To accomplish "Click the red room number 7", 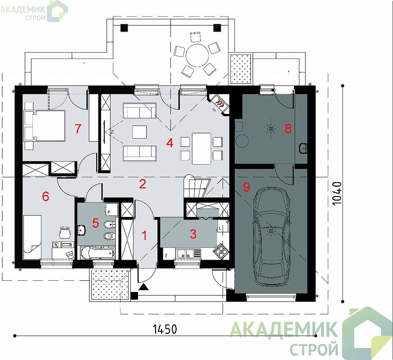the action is (78, 129).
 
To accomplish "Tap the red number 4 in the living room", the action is (170, 143).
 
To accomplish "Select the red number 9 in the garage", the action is (246, 187).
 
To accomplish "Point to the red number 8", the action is (288, 129).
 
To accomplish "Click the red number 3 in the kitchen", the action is (193, 234).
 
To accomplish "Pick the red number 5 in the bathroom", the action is (95, 223).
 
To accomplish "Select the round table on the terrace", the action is (197, 55).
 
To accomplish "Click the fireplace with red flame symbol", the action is (219, 103).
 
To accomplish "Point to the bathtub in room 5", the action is (98, 252).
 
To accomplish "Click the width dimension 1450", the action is (165, 329).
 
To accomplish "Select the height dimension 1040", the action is (337, 193).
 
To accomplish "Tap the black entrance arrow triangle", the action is (143, 287).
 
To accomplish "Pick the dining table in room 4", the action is (201, 148).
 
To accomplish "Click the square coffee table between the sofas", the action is (139, 132).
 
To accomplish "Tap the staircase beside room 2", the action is (197, 186).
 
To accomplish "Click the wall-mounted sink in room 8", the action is (303, 148).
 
